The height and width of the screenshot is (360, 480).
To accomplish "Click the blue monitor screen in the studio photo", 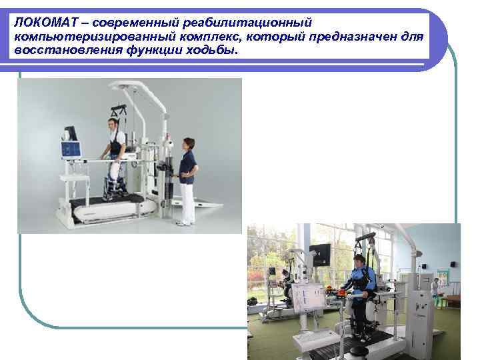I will click(x=70, y=149).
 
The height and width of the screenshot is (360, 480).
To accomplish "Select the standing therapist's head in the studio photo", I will click(x=187, y=144).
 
